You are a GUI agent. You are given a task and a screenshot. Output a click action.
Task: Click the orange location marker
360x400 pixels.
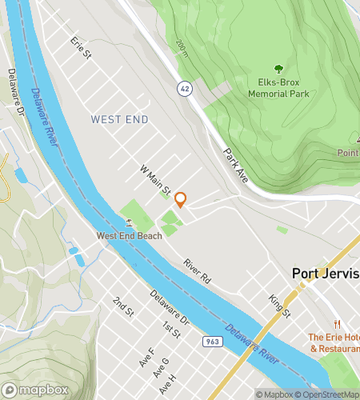click(181, 200)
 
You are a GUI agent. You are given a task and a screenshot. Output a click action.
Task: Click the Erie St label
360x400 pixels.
click(82, 48)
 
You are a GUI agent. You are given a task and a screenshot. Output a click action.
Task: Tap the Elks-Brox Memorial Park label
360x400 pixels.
click(279, 87)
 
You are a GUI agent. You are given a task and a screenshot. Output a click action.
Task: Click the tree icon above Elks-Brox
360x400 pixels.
click(279, 69)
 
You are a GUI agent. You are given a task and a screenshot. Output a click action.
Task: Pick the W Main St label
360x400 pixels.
click(155, 181)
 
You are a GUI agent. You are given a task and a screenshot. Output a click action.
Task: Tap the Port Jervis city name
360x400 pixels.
click(326, 274)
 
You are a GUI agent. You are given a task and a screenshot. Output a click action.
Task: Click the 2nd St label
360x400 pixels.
click(122, 306)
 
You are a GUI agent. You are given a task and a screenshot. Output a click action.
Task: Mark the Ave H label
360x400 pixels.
click(166, 383)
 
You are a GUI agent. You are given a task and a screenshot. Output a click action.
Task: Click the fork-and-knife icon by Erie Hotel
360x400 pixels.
click(338, 324)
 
